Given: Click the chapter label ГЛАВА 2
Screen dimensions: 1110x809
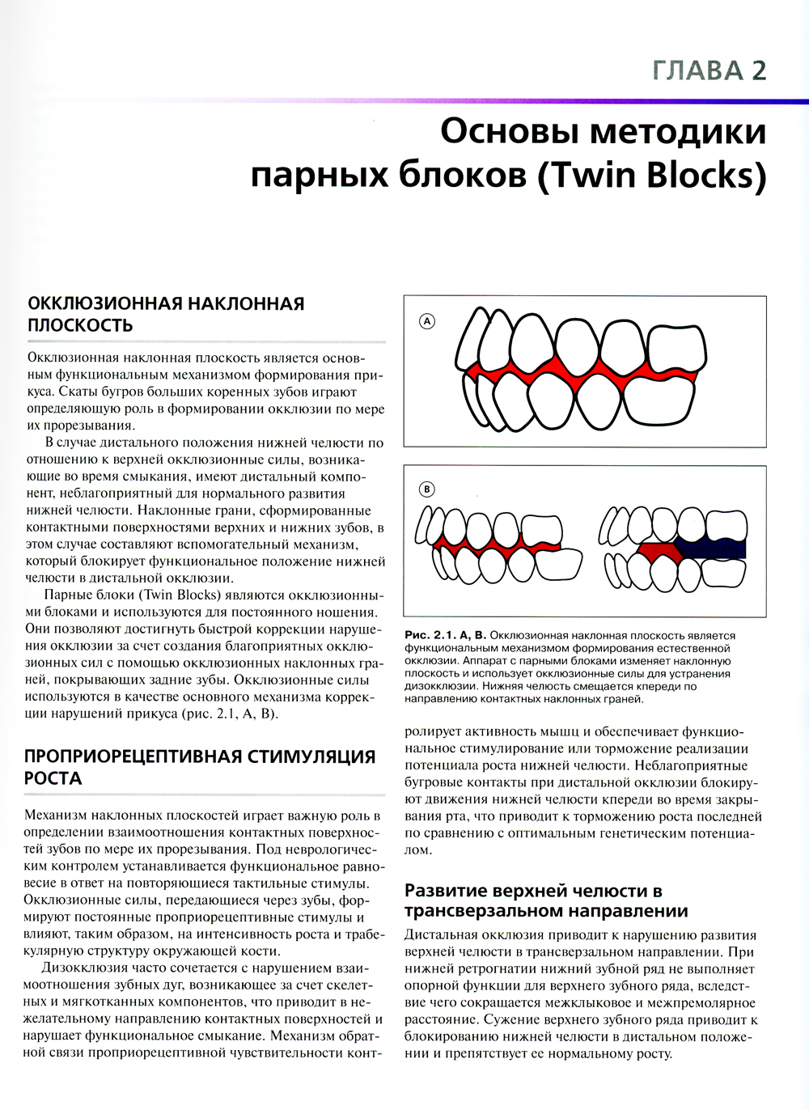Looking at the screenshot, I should click(708, 70).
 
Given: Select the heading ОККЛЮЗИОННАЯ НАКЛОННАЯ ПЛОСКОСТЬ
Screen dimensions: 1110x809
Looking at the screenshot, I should click(166, 314).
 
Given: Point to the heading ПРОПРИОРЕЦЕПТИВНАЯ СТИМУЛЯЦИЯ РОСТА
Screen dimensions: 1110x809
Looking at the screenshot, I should click(200, 767).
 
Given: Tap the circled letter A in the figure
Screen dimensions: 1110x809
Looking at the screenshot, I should click(427, 321).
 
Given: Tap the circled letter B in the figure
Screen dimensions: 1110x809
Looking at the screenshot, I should click(426, 489).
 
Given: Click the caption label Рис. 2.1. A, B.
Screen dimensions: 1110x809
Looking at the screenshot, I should click(445, 636).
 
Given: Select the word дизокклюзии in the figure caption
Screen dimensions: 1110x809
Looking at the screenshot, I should click(442, 686).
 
